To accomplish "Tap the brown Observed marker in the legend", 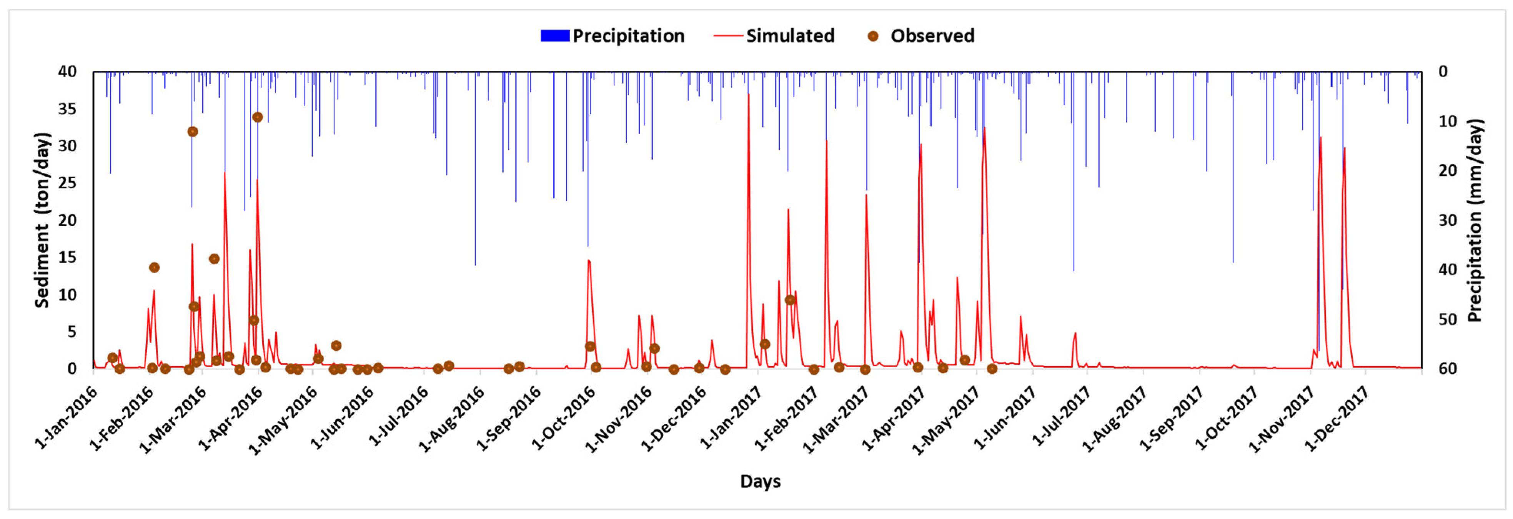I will tap(873, 36).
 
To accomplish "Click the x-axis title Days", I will tap(760, 481).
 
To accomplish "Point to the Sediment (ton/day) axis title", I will tap(42, 220).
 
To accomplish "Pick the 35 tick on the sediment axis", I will tap(68, 109).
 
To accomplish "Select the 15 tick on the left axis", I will tap(68, 257).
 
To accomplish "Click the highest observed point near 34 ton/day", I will tap(257, 117).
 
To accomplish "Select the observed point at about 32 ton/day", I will tap(192, 132).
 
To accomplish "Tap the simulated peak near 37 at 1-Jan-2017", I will tap(748, 95).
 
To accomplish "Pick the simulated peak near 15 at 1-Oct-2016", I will tap(589, 260).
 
